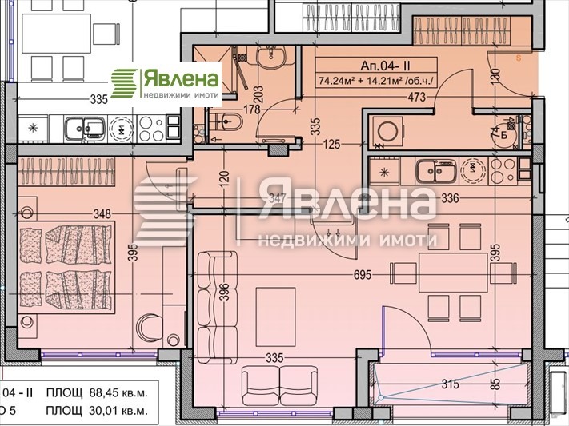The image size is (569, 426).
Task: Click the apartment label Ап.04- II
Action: pyautogui.click(x=376, y=66)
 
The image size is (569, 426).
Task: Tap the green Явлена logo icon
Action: pyautogui.click(x=124, y=82)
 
